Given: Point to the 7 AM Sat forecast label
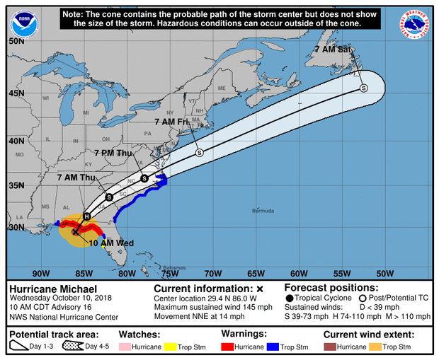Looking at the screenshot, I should [333, 50].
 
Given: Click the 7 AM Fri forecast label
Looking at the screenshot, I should [171, 122].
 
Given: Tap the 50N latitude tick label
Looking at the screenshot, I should [17, 41].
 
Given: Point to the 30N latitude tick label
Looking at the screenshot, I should [17, 228].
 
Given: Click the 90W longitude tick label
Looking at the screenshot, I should [41, 273].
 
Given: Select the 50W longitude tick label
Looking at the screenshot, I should [385, 273].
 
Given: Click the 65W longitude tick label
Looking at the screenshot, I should [256, 273].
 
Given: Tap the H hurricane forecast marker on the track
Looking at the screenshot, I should [86, 216].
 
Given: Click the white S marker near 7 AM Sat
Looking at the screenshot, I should [363, 88].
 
